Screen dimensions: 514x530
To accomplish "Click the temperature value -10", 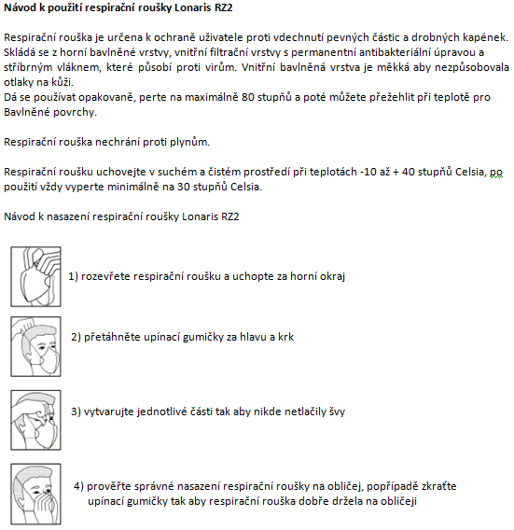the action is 368,172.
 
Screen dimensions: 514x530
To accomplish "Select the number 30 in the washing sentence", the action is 184,187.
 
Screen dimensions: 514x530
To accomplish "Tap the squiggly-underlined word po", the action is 496,173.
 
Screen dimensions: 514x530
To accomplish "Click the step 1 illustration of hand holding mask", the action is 35,276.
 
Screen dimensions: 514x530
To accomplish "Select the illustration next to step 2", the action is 35,346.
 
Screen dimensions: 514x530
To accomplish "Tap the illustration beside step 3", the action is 35,420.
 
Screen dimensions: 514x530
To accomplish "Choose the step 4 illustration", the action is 35,494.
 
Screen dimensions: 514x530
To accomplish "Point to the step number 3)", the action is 76,411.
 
